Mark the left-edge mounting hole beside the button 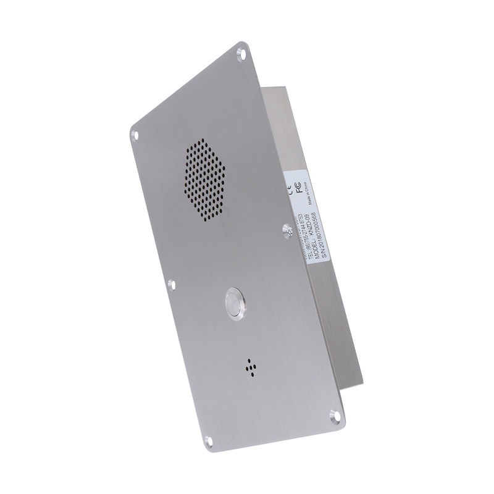click(x=172, y=284)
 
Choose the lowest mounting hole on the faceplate click(x=208, y=440)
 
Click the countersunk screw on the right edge click(x=287, y=230)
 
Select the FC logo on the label click(x=298, y=186)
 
